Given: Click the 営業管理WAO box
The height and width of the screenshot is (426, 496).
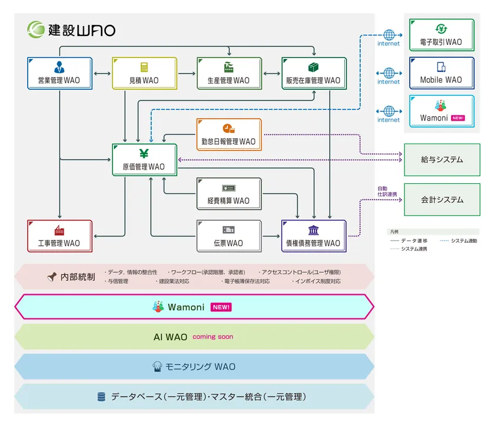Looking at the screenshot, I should (x=60, y=73).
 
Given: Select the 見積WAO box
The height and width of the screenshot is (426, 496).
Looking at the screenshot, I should (x=144, y=73).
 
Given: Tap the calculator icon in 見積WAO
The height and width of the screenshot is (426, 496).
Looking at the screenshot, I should (x=144, y=67).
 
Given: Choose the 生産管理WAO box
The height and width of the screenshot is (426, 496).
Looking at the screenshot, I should (x=229, y=73).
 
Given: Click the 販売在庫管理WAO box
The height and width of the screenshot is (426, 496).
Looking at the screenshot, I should (x=313, y=73).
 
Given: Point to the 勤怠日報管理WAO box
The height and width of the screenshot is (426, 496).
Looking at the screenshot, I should (x=229, y=135).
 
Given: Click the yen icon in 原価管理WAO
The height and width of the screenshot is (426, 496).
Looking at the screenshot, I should (x=144, y=154).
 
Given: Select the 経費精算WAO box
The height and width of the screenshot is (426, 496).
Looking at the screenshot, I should (x=229, y=194).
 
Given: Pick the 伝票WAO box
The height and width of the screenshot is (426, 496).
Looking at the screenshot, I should (x=229, y=236).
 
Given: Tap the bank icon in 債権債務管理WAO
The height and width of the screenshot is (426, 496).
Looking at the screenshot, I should (x=313, y=230).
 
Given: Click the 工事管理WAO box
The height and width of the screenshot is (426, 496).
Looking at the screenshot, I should (x=60, y=236).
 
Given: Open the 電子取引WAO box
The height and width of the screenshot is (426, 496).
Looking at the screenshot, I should (x=441, y=35).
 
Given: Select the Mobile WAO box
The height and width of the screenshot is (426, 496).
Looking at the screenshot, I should (x=441, y=73).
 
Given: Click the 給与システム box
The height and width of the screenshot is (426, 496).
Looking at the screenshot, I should (x=442, y=160).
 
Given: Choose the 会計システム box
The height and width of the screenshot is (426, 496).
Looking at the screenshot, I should (x=442, y=200).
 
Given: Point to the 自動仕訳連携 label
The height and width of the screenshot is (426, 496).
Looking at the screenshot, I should (x=387, y=191).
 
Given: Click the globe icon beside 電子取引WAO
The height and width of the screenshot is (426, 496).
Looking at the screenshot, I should (x=389, y=34).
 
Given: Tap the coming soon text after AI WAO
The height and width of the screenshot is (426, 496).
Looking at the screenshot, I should (x=213, y=337).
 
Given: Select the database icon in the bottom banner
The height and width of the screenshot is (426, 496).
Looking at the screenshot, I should (x=101, y=397).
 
